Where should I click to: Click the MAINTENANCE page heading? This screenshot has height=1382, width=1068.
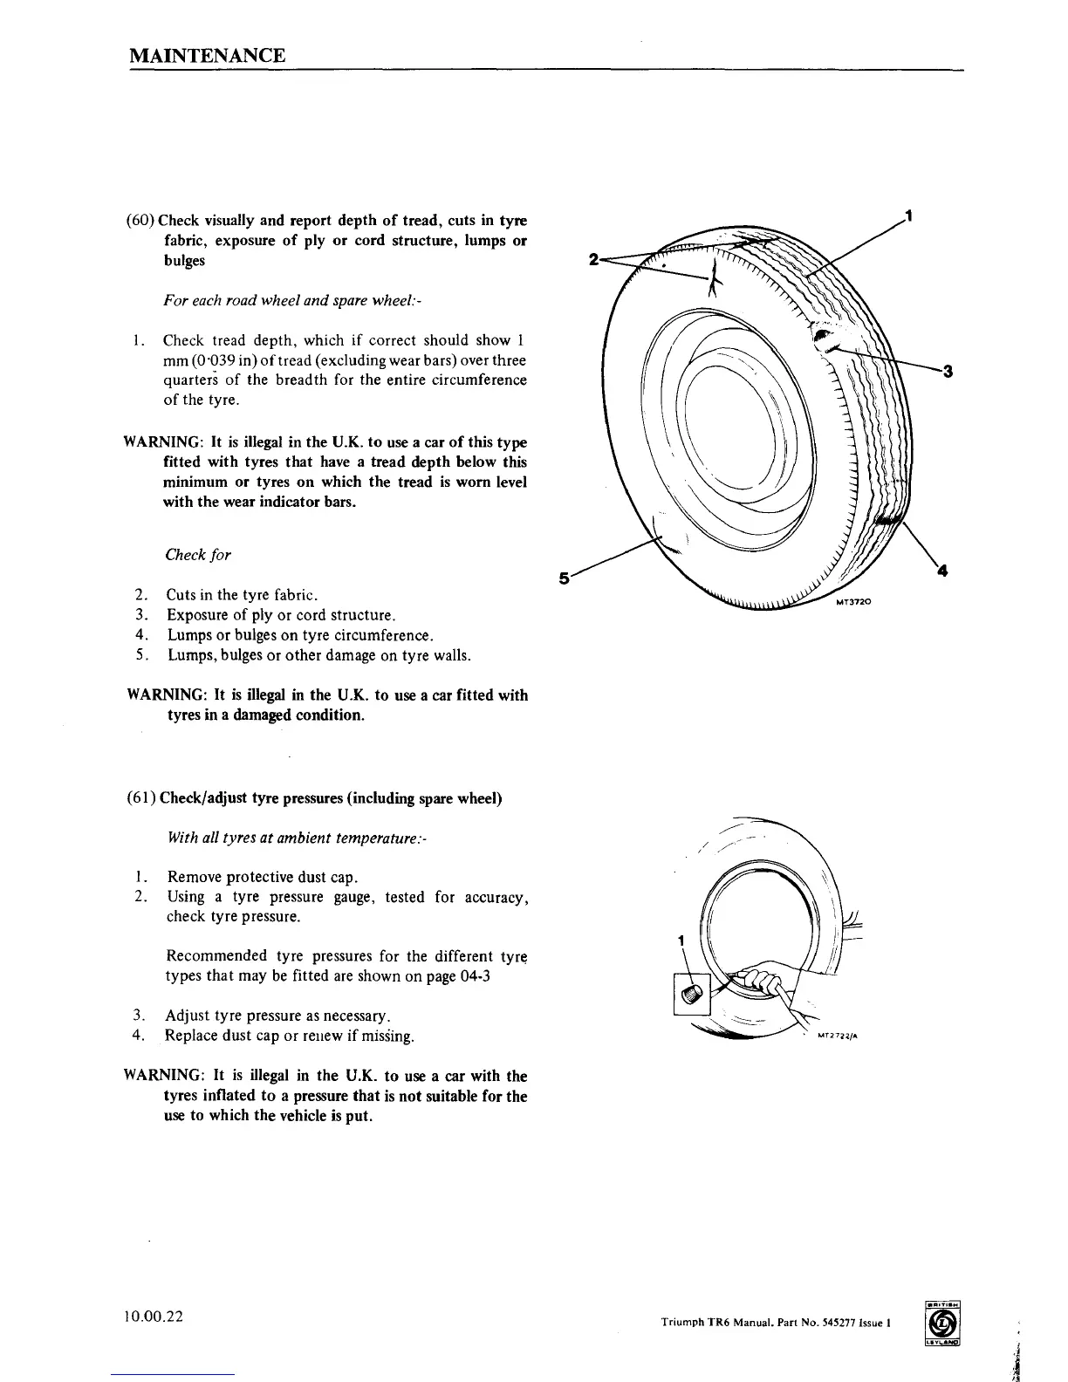pos(207,56)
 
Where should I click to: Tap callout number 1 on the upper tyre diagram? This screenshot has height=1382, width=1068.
pos(909,215)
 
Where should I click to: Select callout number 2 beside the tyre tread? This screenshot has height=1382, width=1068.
pos(594,259)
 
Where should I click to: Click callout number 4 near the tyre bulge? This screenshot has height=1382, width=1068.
pos(941,571)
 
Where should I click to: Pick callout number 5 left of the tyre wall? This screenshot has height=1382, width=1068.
pos(564,578)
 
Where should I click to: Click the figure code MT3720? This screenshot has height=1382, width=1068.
pos(854,603)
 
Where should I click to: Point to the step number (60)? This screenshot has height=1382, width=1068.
pos(140,220)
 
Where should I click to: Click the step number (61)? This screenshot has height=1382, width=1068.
pos(141,798)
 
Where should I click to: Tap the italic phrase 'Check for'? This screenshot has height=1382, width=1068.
pos(198,555)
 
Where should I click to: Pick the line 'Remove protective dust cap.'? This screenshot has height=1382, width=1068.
pos(262,877)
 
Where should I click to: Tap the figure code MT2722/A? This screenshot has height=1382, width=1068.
pos(839,1037)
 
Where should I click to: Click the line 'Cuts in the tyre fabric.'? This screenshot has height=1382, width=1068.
pos(241,595)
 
